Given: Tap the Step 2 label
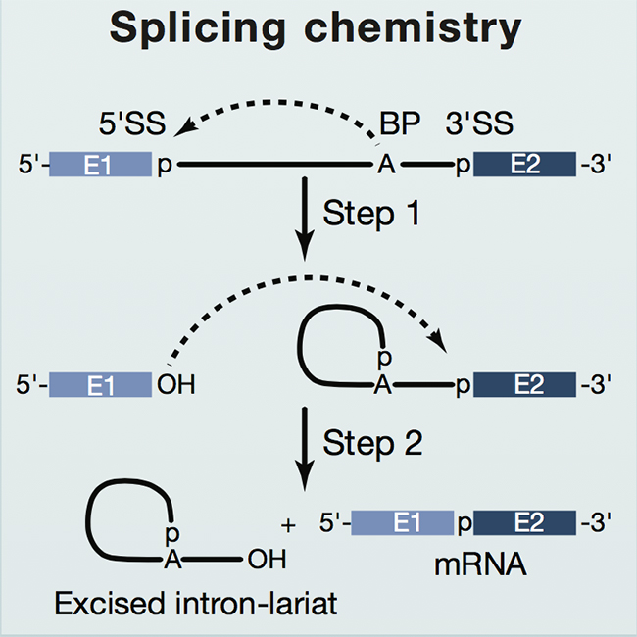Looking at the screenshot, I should point(381,443).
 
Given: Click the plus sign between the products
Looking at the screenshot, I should point(288,527).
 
